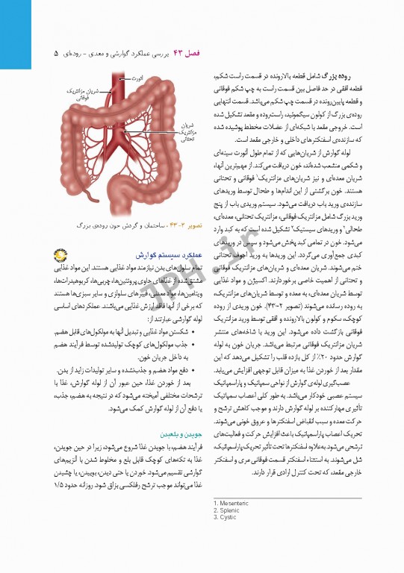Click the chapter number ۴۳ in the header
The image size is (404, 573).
[178, 54]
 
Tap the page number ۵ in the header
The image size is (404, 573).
[57, 54]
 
